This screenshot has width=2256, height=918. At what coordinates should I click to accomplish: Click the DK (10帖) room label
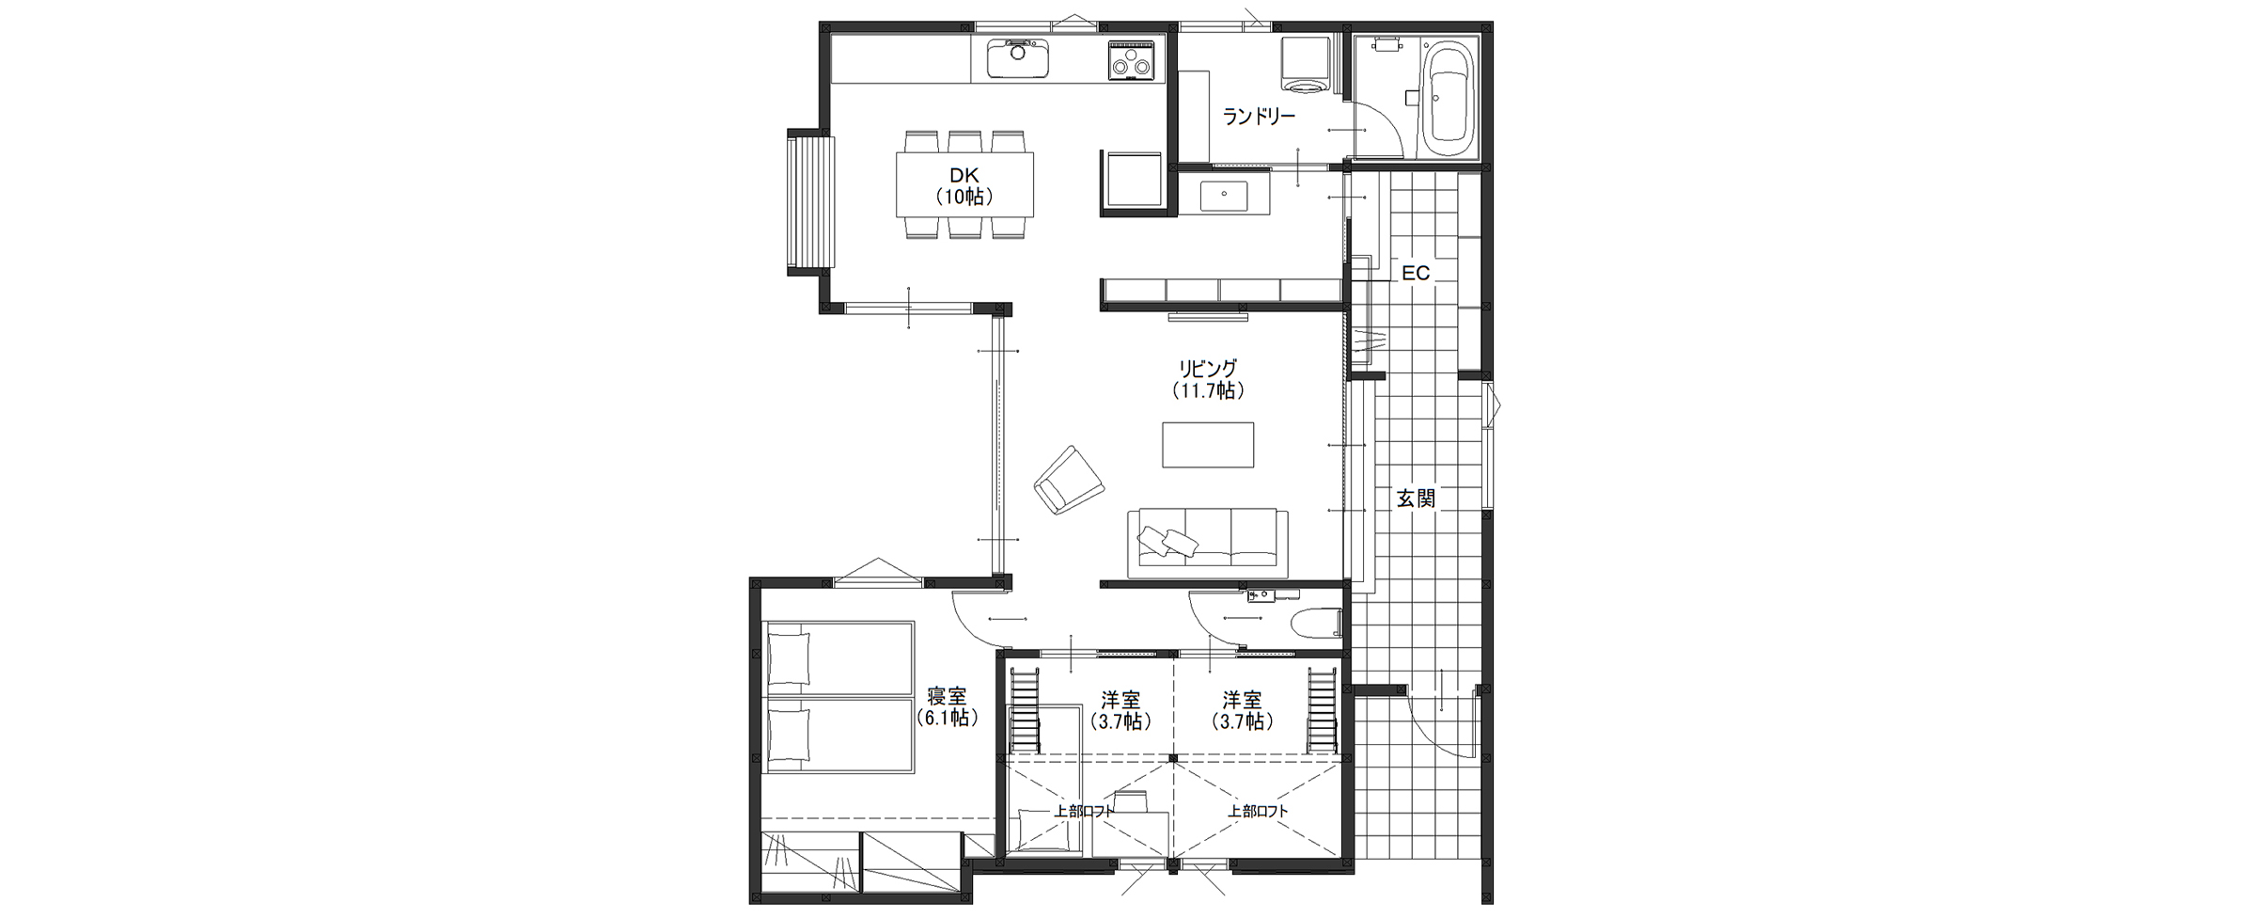click(964, 185)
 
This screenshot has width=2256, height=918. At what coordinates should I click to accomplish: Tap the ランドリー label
click(1259, 117)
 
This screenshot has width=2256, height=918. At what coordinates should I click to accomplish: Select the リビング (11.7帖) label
click(1208, 379)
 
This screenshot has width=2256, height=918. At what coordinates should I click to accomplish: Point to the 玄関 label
click(1416, 499)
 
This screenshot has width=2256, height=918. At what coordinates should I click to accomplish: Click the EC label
click(1416, 273)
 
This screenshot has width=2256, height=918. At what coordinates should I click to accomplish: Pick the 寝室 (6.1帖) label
click(948, 707)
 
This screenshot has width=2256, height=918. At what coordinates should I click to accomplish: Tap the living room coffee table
click(1208, 445)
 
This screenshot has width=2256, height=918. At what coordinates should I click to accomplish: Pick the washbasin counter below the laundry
click(1225, 196)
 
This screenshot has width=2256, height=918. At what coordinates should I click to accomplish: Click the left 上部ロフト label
click(1084, 811)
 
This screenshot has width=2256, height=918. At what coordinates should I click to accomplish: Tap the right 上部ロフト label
click(1258, 811)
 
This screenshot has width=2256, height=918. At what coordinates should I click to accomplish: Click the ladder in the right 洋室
click(1322, 709)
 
